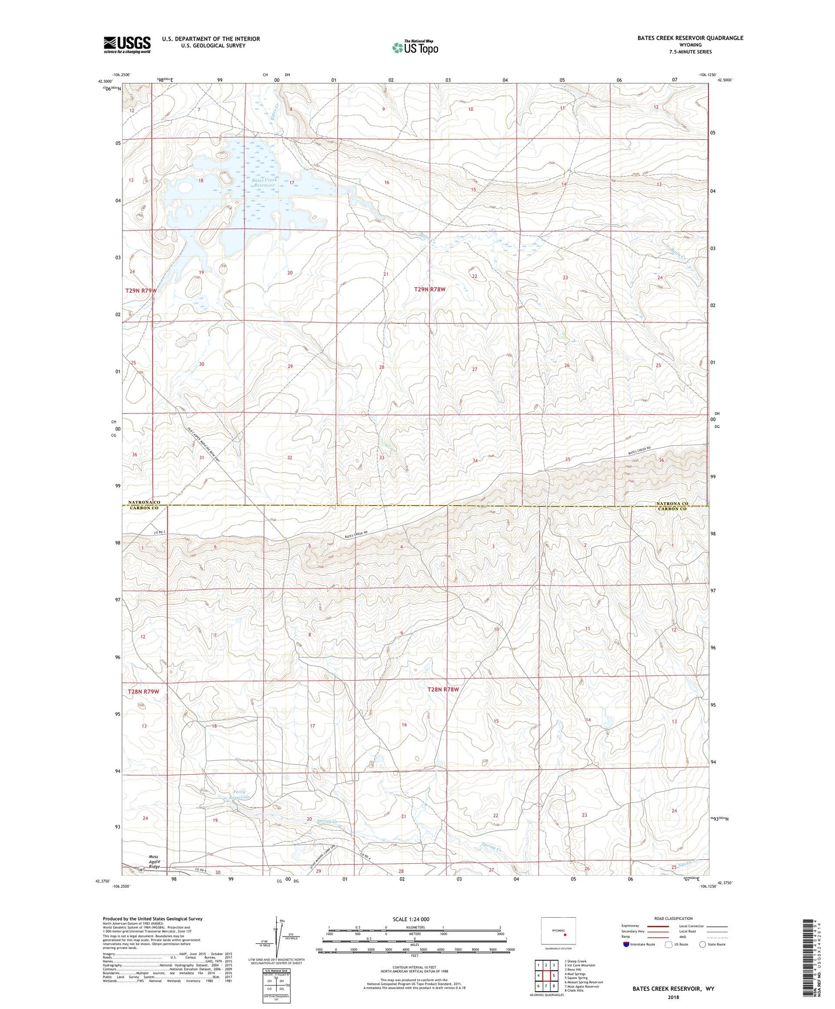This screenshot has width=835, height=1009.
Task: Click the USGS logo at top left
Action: [x=127, y=45]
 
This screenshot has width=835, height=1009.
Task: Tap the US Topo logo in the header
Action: [x=415, y=47]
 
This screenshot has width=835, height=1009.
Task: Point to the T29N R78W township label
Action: [x=430, y=289]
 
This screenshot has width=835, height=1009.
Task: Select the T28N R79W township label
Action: [x=144, y=692]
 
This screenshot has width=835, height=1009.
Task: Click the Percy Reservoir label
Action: [x=239, y=794]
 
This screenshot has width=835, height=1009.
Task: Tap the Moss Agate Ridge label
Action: [x=154, y=862]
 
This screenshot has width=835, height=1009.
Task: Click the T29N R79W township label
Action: [x=141, y=291]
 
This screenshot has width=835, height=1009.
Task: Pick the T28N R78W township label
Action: [x=443, y=690]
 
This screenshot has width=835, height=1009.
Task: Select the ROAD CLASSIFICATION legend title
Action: [x=674, y=919]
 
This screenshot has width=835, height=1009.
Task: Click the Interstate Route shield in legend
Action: [x=626, y=944]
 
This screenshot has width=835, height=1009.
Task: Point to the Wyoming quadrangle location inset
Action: [x=558, y=930]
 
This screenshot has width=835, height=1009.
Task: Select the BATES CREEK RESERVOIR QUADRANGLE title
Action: [x=690, y=38]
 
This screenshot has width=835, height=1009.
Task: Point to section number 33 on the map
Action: [x=381, y=457]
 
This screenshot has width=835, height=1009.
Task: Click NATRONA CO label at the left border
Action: [x=144, y=503]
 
